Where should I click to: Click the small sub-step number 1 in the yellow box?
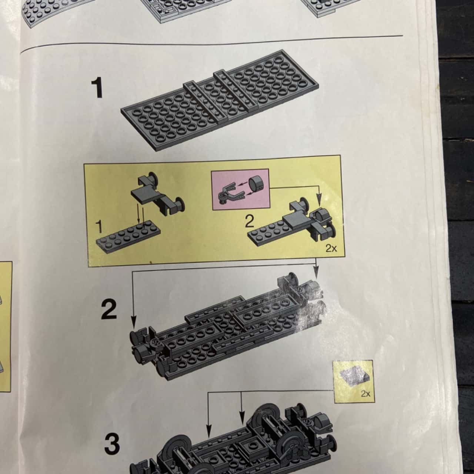(x=99, y=227)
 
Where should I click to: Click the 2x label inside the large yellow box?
(x=331, y=248)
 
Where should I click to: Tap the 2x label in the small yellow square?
(x=365, y=394)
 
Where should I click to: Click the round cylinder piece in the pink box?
(x=256, y=183)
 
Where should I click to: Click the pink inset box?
(x=240, y=189)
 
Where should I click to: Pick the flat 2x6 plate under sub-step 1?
(x=128, y=235)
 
